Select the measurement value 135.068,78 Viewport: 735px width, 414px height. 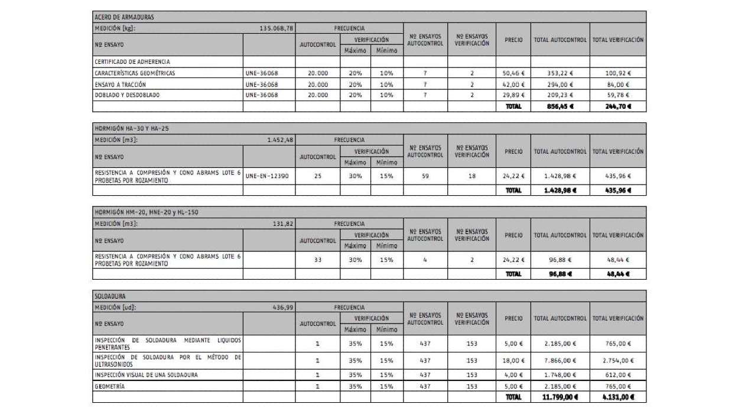tap(277, 28)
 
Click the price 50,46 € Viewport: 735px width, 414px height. tap(513, 73)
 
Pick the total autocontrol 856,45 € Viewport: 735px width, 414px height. tap(560, 107)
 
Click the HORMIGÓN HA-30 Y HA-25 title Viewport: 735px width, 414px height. tap(123, 128)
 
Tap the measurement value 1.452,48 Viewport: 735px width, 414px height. tap(281, 140)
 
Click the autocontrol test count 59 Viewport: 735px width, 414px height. tap(425, 176)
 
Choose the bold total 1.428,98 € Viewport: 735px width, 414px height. tap(560, 190)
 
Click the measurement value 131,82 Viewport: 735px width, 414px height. tap(284, 224)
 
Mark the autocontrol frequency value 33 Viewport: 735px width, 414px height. tap(317, 260)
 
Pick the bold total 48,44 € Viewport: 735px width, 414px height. tap(618, 274)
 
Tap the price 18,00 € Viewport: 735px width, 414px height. tap(513, 360)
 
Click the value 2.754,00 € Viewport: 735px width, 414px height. tap(617, 360)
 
